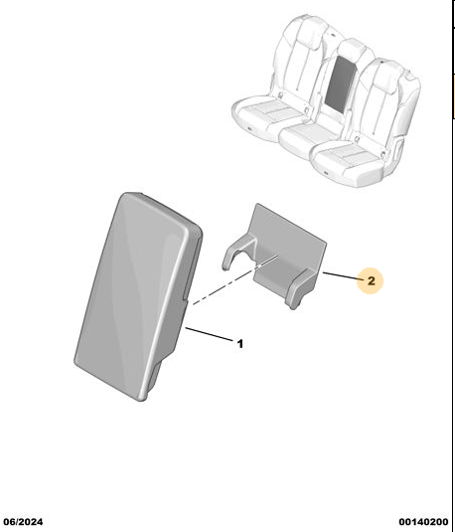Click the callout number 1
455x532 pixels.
click(240, 344)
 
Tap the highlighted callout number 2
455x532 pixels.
click(372, 281)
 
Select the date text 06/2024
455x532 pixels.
click(23, 522)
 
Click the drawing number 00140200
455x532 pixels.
click(423, 522)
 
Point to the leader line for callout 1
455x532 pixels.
click(210, 334)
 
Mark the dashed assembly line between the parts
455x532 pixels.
click(235, 279)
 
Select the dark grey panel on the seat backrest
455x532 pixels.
click(341, 85)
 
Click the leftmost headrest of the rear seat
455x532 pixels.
click(307, 29)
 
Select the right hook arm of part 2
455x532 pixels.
click(301, 287)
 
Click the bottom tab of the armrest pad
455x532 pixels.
click(153, 379)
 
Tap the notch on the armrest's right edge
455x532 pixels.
click(184, 298)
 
